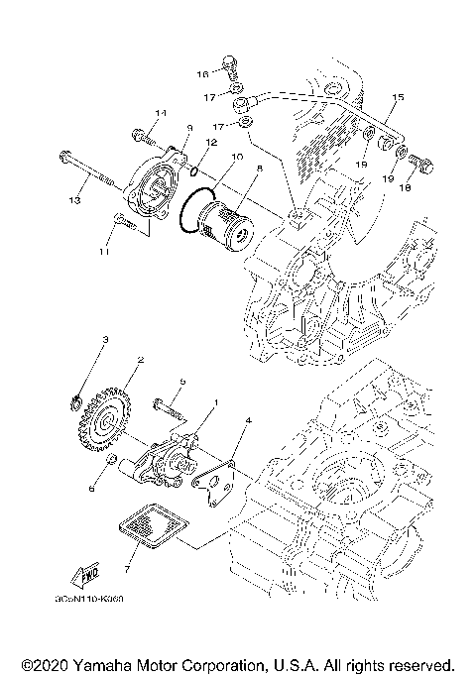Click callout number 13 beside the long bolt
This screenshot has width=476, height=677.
click(x=72, y=201)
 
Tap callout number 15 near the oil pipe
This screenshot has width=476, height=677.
click(x=398, y=97)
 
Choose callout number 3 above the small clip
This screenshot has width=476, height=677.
click(x=105, y=339)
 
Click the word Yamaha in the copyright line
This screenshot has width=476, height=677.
click(x=103, y=663)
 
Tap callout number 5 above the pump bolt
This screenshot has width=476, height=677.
click(x=182, y=382)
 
